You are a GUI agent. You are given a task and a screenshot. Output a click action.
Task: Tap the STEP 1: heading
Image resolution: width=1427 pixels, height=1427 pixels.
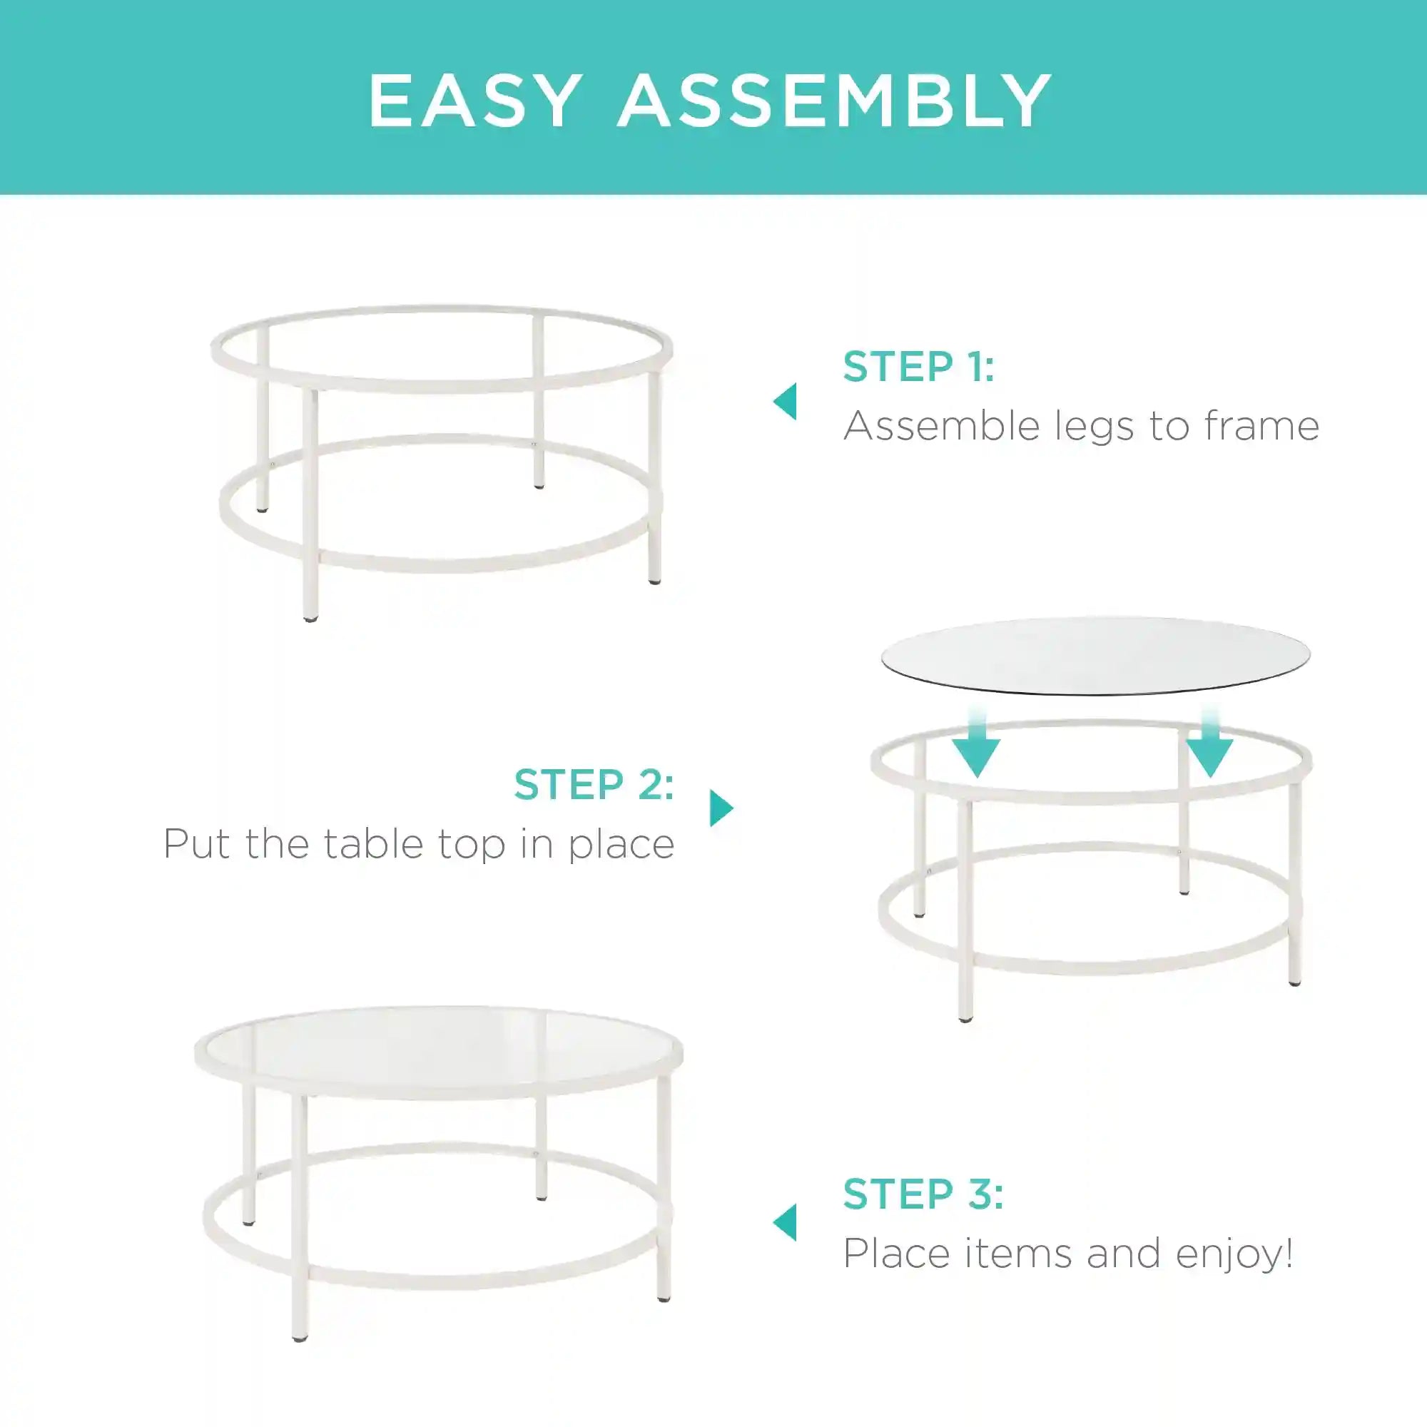919,367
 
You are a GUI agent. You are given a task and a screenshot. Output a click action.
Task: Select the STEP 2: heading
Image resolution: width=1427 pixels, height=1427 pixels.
594,783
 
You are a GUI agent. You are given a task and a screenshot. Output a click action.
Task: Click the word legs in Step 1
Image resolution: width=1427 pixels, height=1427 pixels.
1096,427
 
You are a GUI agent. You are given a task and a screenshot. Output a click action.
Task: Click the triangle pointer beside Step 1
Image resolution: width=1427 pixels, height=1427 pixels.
785,402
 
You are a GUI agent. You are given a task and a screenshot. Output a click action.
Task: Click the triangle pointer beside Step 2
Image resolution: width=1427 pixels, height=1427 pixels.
721,808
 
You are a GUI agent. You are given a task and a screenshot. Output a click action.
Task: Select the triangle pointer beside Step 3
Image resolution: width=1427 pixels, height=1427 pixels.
785,1223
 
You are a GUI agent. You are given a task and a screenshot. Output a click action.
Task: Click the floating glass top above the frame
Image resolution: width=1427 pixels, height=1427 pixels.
1096,656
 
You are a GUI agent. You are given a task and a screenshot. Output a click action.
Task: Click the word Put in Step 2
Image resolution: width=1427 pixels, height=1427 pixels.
197,843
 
